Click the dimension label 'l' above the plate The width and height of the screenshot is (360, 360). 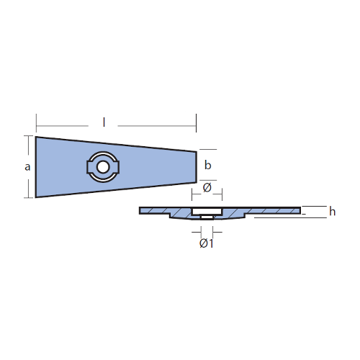104,122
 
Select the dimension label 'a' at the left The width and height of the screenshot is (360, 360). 27,167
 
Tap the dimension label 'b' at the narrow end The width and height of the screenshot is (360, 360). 208,166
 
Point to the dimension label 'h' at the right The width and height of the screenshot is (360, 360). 333,212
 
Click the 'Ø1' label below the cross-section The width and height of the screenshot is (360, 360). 207,243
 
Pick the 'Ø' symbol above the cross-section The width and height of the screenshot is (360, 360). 207,187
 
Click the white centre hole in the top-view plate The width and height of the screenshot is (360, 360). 103,167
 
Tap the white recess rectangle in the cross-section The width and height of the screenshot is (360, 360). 207,212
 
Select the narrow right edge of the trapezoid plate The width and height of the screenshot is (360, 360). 197,167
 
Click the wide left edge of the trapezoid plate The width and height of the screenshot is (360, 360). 36,167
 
